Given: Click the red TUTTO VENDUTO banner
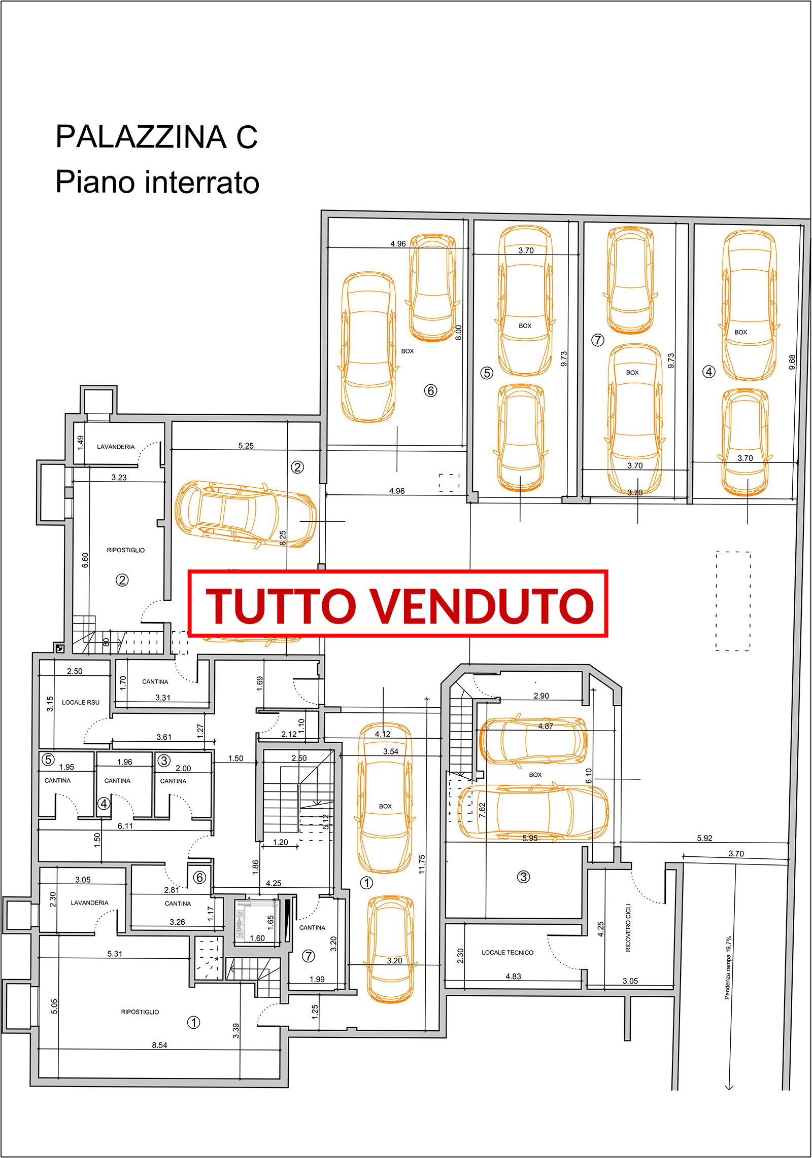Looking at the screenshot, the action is point(398,603).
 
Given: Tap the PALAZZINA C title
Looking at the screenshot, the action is point(157,137).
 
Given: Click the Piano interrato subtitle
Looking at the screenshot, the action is point(157,182).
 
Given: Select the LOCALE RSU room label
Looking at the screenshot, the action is point(81,702).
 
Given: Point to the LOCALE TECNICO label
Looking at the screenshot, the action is point(507,953).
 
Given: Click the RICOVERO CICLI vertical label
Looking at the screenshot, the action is point(628,927).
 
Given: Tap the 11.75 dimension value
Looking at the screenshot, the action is point(422,864).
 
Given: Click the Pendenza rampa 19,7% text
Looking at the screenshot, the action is point(728,968).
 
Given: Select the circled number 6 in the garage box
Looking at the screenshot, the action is point(430,390).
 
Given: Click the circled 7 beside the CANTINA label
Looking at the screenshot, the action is point(308,956).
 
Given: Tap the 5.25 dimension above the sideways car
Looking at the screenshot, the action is point(246,446).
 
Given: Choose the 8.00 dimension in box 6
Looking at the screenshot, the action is point(458,333).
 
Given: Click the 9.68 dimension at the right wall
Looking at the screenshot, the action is point(792,362).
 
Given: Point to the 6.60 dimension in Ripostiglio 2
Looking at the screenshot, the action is point(85,560).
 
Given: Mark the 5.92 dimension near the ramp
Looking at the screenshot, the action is point(704,838).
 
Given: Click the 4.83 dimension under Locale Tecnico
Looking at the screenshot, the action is point(513,976).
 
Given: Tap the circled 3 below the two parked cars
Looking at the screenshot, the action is point(523,877).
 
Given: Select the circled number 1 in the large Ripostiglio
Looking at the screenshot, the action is point(193,1022).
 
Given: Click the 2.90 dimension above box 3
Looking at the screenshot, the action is point(541,696).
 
